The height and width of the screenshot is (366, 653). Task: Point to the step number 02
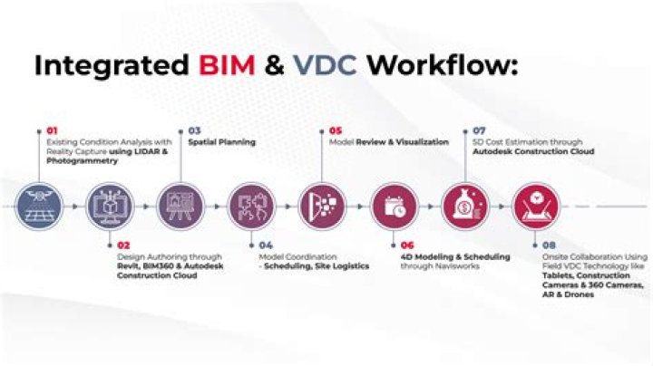[x=123, y=245]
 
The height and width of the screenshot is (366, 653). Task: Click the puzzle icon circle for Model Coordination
[x=251, y=206]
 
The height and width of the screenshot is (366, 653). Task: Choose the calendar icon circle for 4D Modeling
[x=395, y=206]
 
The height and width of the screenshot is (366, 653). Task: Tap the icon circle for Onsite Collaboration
[x=535, y=206]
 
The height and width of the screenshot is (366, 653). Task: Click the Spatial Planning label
[x=221, y=142]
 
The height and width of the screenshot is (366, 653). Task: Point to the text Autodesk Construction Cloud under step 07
[x=533, y=152]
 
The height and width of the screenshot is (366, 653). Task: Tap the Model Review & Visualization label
[x=388, y=142]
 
